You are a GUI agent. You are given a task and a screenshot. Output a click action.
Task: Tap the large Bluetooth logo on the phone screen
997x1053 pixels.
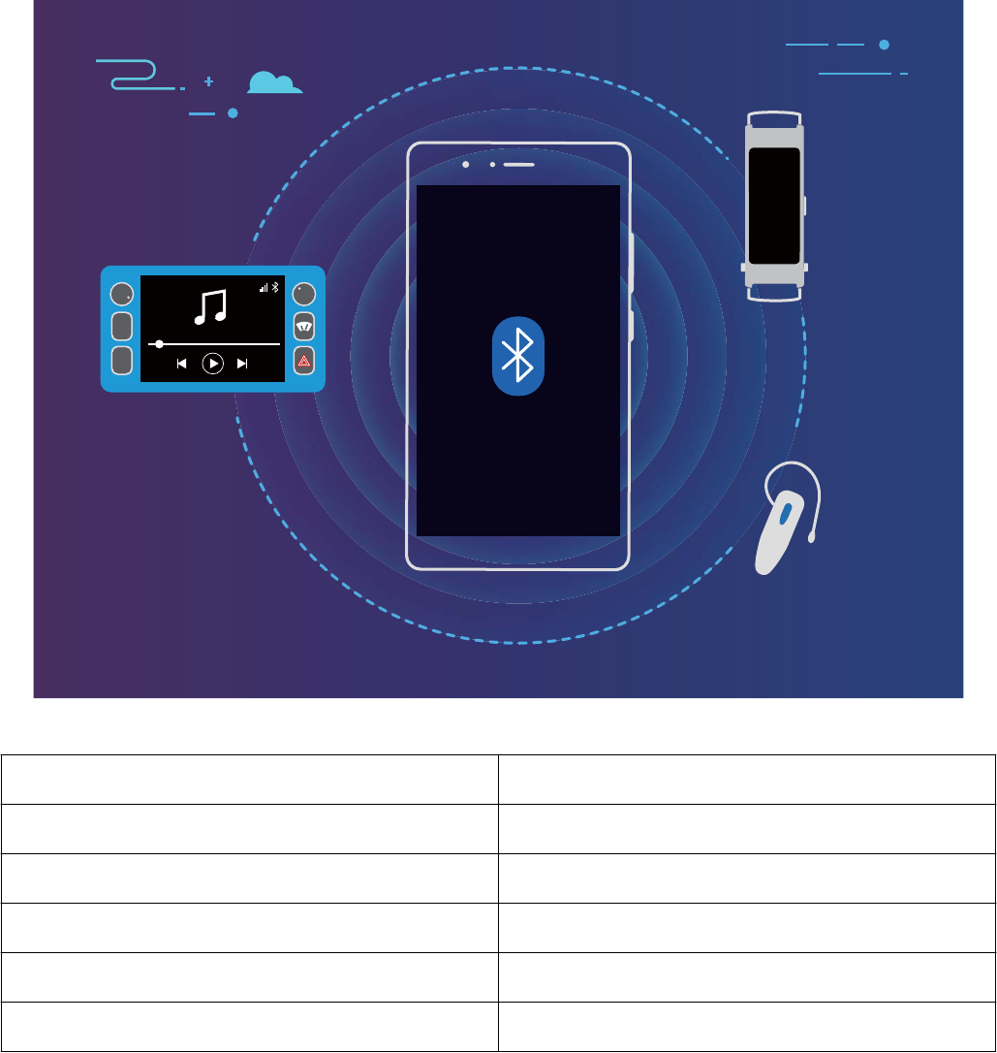click(x=519, y=355)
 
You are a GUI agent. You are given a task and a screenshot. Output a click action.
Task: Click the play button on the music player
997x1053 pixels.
click(x=212, y=364)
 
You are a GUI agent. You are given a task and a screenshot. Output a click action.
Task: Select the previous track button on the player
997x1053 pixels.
click(x=181, y=364)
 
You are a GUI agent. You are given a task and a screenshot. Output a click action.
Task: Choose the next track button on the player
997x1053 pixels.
click(x=242, y=364)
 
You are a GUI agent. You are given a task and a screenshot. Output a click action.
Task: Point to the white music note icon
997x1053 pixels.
click(x=210, y=306)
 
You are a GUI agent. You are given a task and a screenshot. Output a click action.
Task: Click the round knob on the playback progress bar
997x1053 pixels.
click(x=159, y=343)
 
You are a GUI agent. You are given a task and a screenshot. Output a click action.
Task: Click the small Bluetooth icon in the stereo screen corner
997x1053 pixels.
click(x=274, y=287)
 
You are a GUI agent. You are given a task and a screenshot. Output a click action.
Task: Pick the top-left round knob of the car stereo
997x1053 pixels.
click(x=121, y=294)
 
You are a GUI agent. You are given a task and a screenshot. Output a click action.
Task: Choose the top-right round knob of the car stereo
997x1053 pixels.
click(x=304, y=293)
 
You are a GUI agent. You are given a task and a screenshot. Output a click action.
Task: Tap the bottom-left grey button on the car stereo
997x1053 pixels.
click(x=121, y=360)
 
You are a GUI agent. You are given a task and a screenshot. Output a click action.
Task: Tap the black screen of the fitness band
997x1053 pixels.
click(x=774, y=206)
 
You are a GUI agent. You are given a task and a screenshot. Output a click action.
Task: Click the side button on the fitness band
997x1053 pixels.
click(x=805, y=206)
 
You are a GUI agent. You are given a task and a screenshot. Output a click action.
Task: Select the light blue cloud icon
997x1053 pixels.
click(x=274, y=83)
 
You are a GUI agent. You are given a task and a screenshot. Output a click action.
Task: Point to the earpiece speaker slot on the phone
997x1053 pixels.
click(x=518, y=164)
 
